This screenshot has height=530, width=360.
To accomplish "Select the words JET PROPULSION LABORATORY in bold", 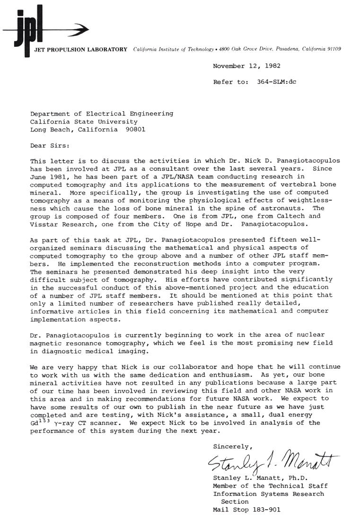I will pos(81,49).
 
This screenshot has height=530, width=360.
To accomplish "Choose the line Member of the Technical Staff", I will pos(270,486).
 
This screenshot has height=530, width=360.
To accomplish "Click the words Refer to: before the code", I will pos(230,81).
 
